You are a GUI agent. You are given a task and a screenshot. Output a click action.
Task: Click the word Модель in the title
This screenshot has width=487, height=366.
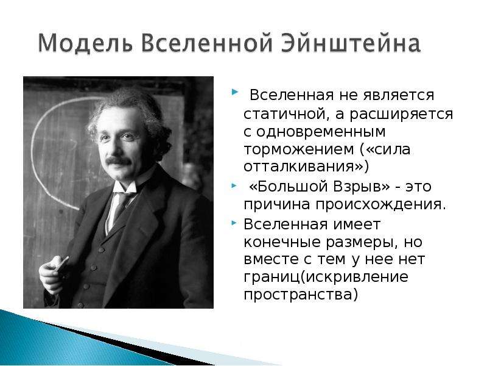pyautogui.click(x=85, y=43)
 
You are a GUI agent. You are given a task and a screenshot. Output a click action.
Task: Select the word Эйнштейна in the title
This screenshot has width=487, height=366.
pyautogui.click(x=351, y=43)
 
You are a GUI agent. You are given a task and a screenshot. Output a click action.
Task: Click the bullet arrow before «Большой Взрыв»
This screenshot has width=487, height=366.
pyautogui.click(x=234, y=186)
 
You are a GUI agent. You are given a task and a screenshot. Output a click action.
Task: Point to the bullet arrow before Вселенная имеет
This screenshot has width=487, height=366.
pyautogui.click(x=234, y=223)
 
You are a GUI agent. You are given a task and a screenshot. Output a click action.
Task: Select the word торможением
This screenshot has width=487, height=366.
pyautogui.click(x=299, y=149)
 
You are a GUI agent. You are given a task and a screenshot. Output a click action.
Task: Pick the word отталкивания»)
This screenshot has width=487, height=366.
pyautogui.click(x=306, y=167)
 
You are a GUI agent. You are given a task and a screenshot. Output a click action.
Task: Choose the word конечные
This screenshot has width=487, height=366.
pyautogui.click(x=282, y=242)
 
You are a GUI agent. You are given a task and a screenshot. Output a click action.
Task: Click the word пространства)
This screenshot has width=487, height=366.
pyautogui.click(x=301, y=295)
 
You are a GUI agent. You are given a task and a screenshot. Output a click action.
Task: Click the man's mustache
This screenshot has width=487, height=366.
pyautogui.click(x=118, y=161)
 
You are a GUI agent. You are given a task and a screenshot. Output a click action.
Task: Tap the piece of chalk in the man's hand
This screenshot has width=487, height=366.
pyautogui.click(x=63, y=264)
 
